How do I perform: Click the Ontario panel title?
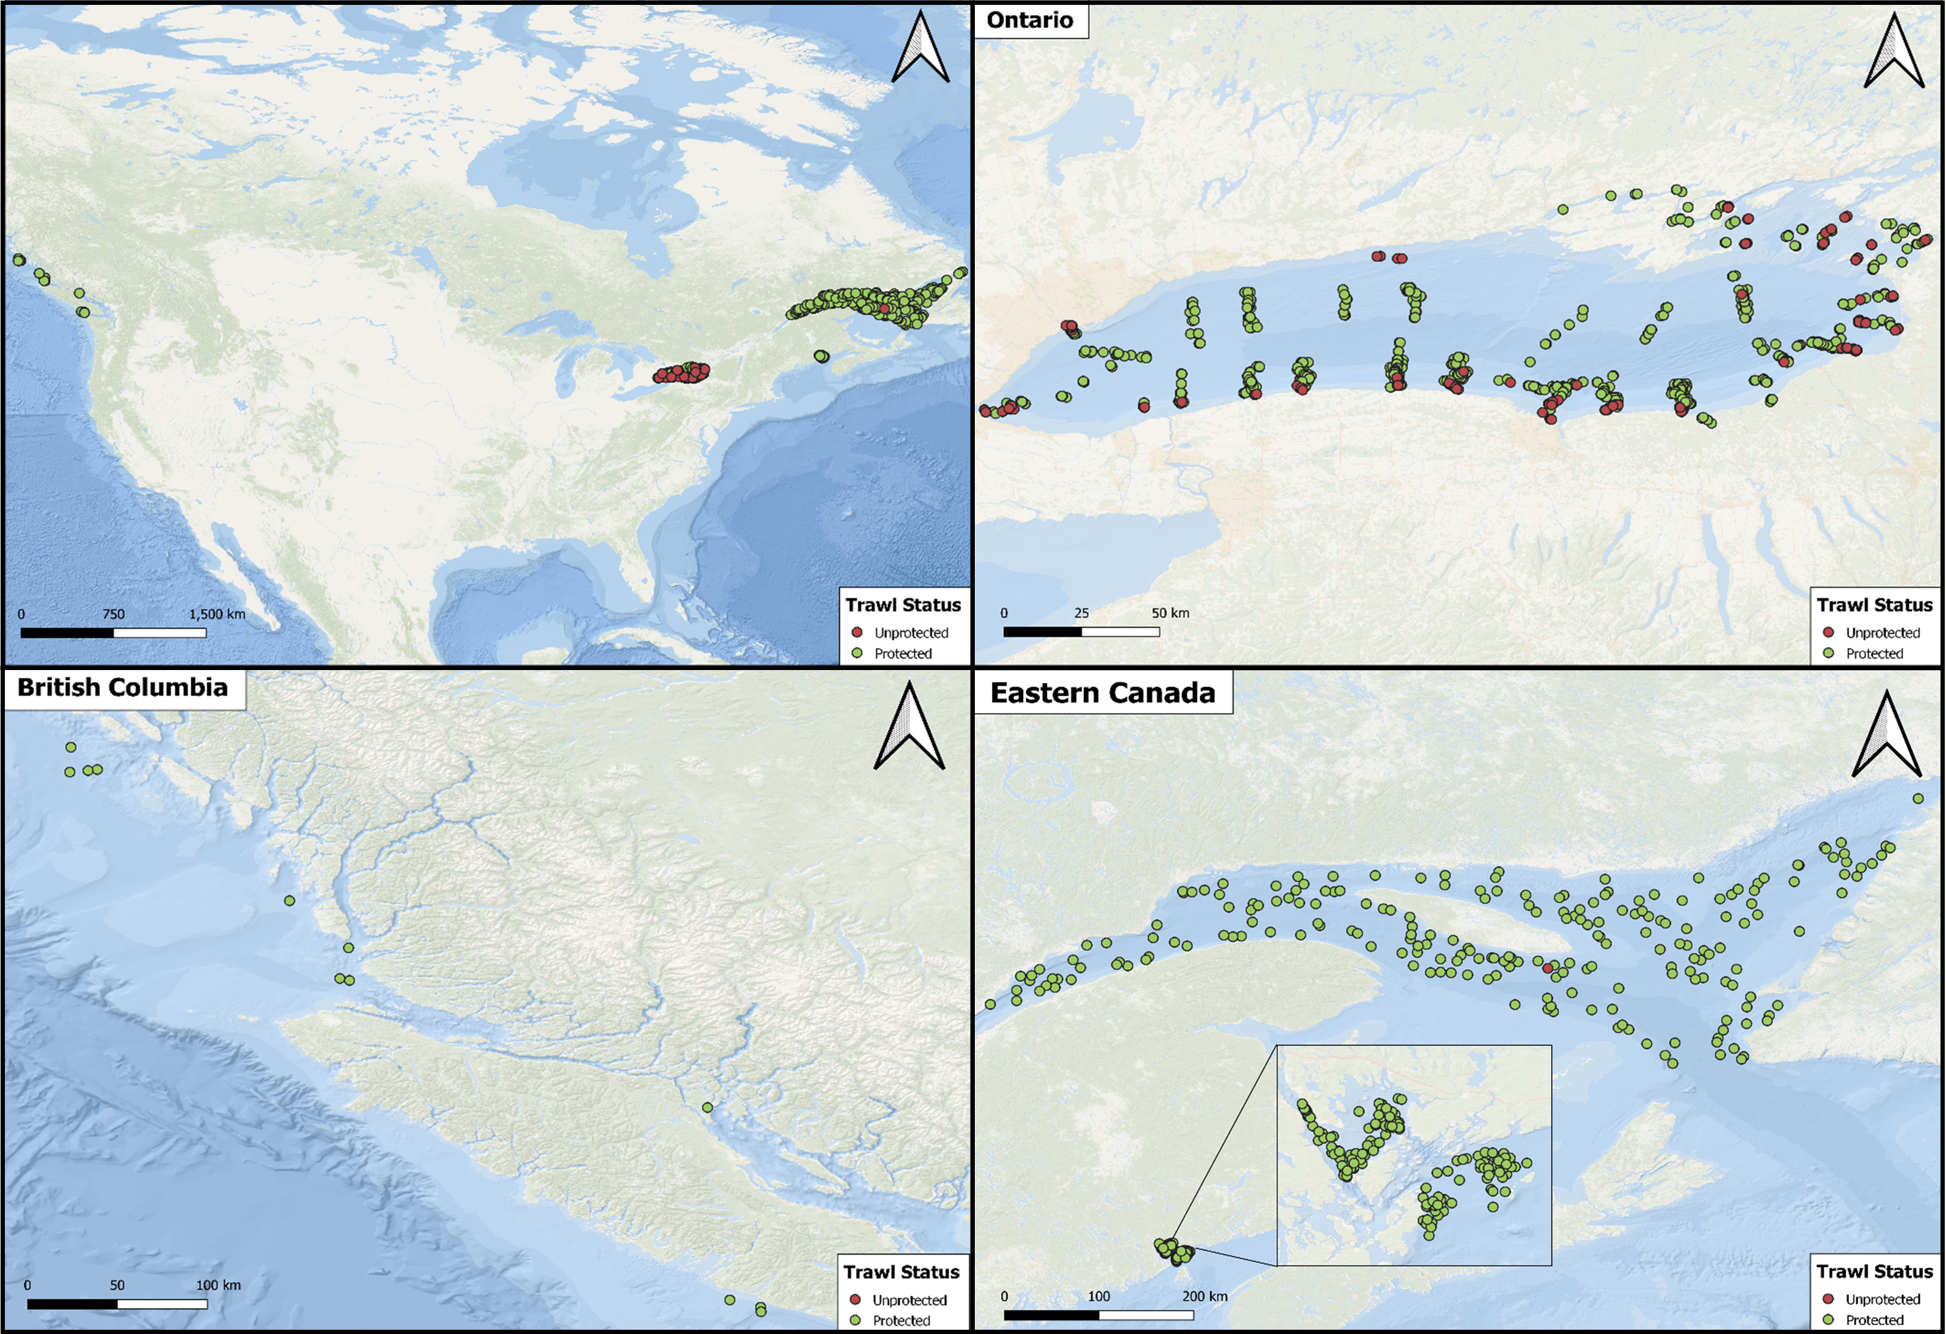[x=1029, y=20]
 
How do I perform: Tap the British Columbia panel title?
[x=122, y=688]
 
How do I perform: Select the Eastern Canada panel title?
[x=1102, y=693]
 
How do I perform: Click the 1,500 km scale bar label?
[x=217, y=614]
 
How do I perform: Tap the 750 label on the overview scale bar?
[x=113, y=614]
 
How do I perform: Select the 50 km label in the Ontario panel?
[x=1170, y=613]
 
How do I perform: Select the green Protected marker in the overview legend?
[x=857, y=653]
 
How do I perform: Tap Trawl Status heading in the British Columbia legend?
[x=901, y=1272]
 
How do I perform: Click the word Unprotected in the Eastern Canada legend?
[x=1883, y=1299]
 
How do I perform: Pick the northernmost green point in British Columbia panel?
[x=71, y=747]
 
